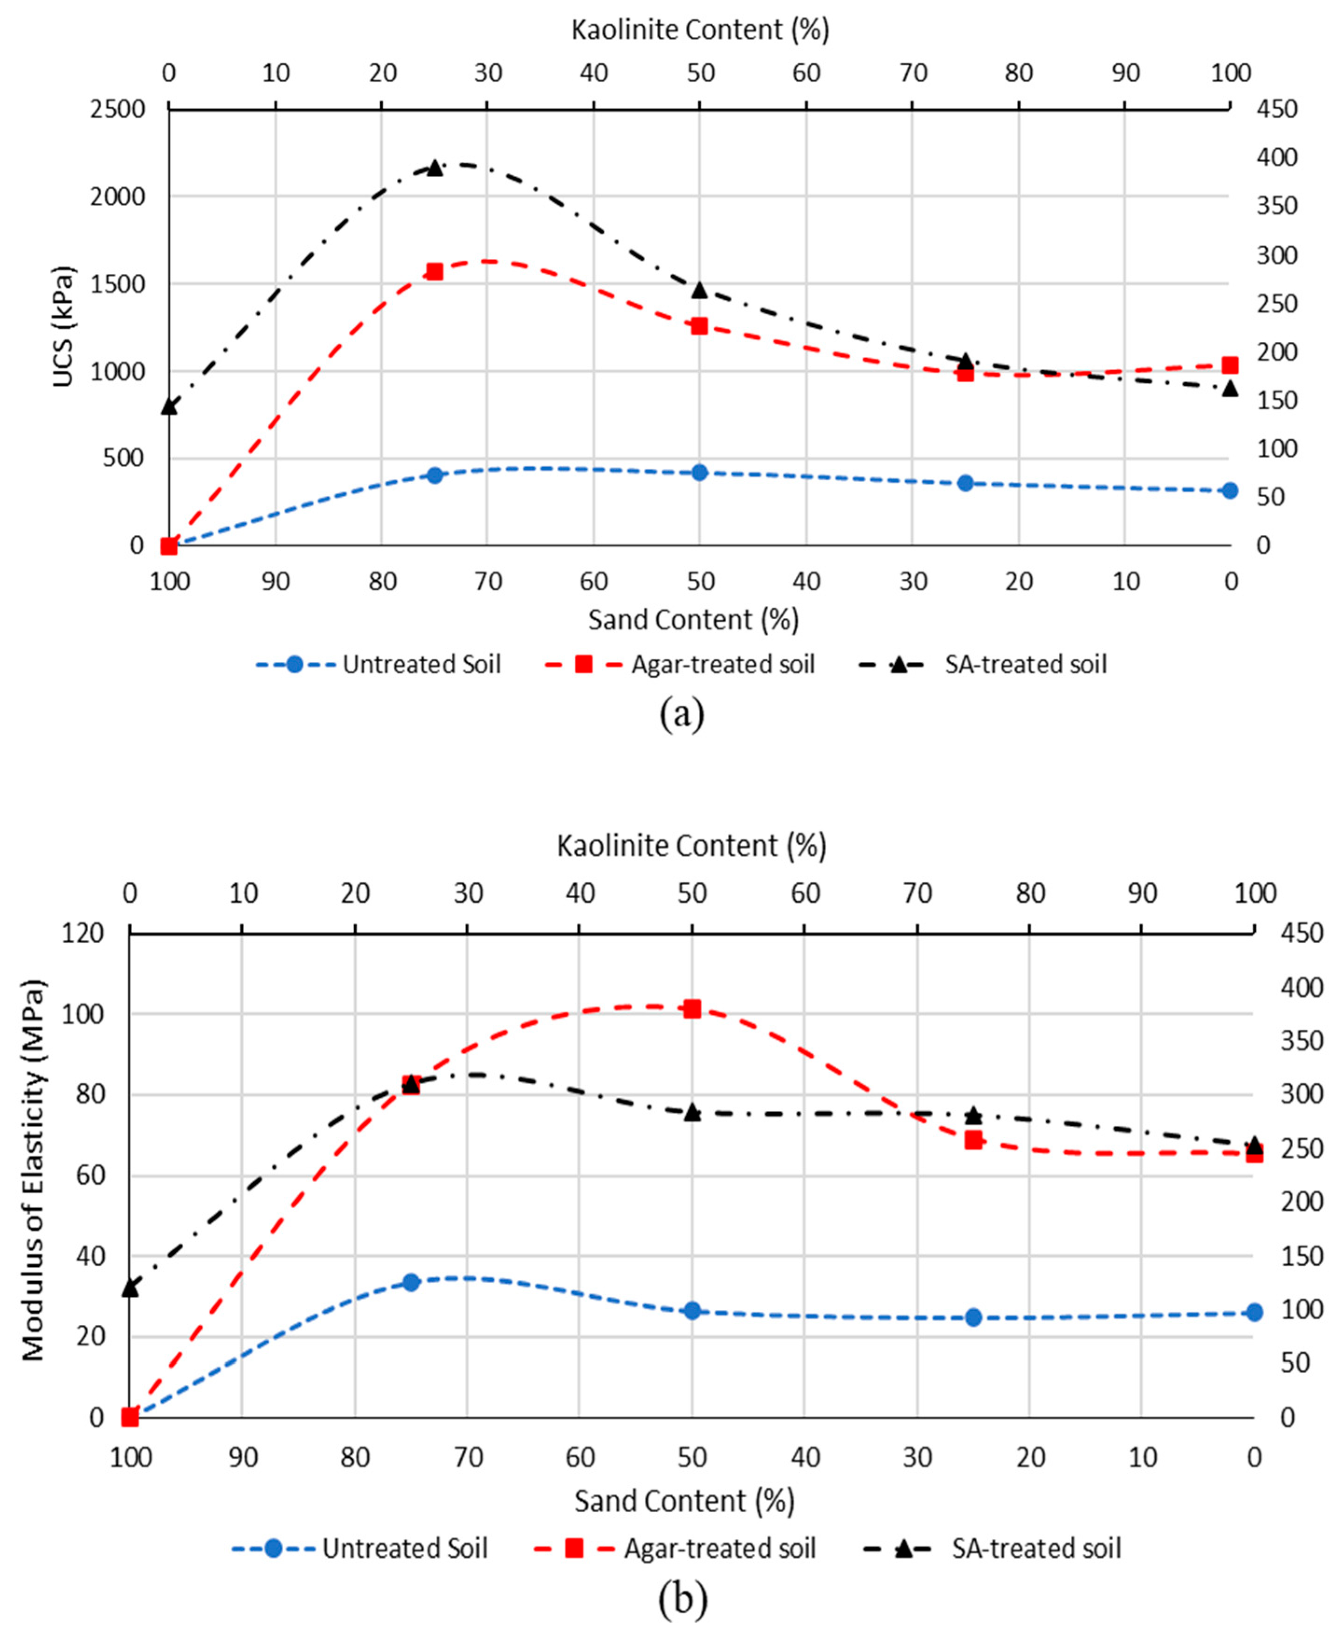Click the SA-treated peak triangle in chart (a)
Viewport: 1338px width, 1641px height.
click(435, 168)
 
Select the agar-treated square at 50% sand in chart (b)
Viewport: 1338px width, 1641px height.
click(692, 1009)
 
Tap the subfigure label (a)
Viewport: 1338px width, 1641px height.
click(681, 714)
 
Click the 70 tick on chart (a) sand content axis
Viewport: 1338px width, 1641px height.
click(488, 581)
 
